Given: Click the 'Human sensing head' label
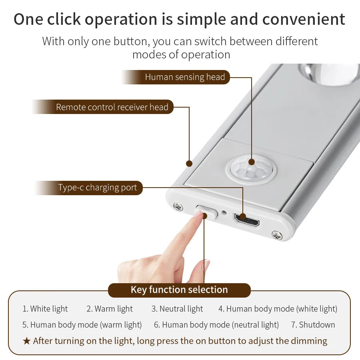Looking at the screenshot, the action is coord(185,77).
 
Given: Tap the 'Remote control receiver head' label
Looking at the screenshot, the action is coord(112,107).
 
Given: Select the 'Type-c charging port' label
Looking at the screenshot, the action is coord(97,188).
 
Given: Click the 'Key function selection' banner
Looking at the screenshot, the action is coord(179,290).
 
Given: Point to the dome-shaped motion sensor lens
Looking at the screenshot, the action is coord(251,170).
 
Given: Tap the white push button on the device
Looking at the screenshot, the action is coord(206,212).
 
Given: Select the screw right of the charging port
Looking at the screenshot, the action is coord(277,235).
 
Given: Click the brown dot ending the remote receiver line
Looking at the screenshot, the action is coord(189,164).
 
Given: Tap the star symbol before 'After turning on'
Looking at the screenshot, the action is coord(26,341).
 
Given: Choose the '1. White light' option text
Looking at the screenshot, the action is coord(45,309).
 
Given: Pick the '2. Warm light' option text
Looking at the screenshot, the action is coord(110,309).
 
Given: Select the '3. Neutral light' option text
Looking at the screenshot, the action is coord(177,309).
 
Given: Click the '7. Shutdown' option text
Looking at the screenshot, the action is coord(313,325).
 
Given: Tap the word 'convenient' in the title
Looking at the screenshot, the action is coord(304,19).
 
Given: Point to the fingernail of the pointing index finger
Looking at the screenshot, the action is coord(198,214).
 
